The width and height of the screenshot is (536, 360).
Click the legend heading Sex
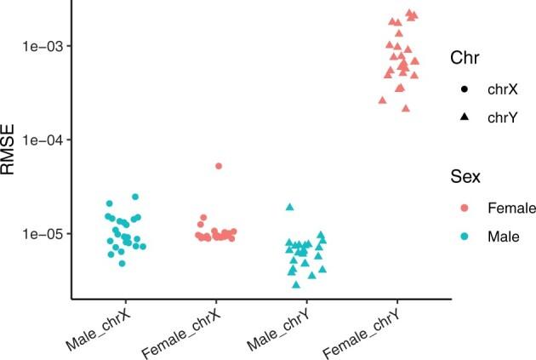point(466,177)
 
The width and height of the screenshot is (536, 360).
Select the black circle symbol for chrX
point(465,87)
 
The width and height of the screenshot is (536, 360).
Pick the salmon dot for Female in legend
point(465,208)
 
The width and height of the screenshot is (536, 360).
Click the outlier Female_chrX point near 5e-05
point(219,166)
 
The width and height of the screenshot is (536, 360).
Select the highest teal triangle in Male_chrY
point(290,207)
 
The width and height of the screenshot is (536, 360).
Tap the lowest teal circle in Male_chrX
point(123,263)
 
